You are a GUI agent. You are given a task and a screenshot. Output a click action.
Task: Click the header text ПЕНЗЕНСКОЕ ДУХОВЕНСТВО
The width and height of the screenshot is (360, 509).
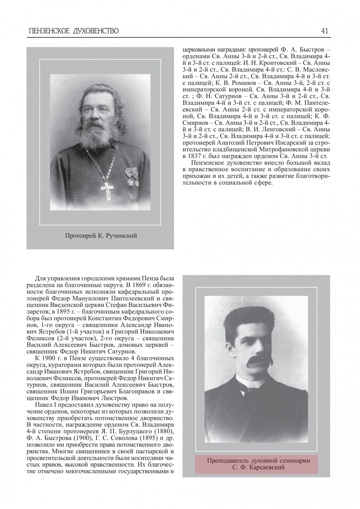pos(74,31)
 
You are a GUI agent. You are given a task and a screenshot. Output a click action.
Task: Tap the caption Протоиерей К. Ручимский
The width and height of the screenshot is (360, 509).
pos(101,236)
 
